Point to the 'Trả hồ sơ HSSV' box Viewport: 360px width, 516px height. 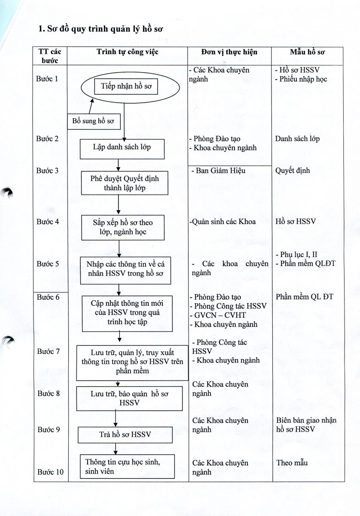(119, 435)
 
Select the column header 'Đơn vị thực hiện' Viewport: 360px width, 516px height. (229, 52)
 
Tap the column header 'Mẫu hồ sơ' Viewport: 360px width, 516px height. (307, 52)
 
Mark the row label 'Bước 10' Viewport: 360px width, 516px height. (50, 472)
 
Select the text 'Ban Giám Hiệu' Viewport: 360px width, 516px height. (220, 171)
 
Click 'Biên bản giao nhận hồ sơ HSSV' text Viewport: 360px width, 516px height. (306, 425)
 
